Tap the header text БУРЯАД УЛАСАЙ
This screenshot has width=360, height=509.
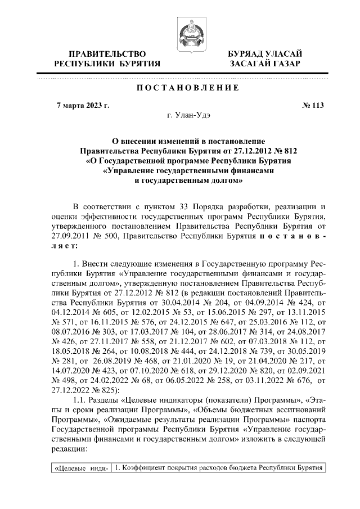(264, 53)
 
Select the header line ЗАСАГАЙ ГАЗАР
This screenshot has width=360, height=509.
(264, 64)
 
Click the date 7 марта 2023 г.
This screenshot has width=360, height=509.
(84, 105)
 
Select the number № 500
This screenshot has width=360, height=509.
(107, 237)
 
